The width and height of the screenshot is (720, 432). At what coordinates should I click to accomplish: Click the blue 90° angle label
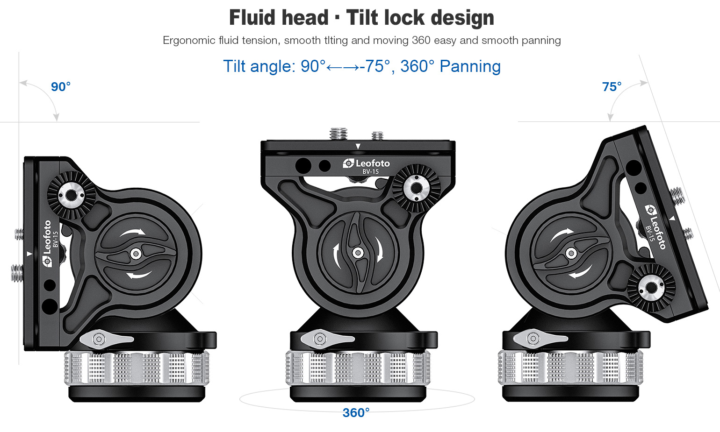point(61,87)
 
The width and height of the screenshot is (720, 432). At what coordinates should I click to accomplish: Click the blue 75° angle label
point(612,87)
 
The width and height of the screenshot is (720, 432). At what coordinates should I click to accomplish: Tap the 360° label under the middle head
point(356,413)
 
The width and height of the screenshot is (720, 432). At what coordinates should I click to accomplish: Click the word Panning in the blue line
point(470,66)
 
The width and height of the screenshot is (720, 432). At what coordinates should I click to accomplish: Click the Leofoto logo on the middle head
point(367,163)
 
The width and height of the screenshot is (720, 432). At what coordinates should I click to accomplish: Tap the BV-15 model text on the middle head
point(371,172)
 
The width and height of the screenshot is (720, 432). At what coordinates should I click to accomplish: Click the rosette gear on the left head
point(71,195)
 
